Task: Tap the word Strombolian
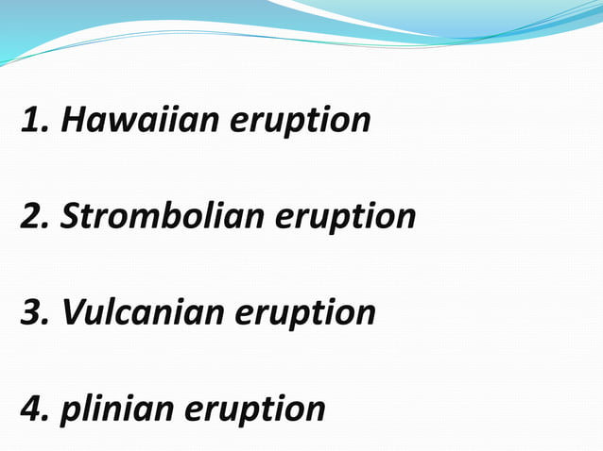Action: click(162, 217)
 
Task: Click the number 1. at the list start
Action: click(33, 121)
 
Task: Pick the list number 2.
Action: click(34, 217)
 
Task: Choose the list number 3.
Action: click(34, 312)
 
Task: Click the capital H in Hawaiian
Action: click(74, 121)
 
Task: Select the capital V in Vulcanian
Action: click(73, 312)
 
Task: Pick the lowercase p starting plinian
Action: click(68, 412)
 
